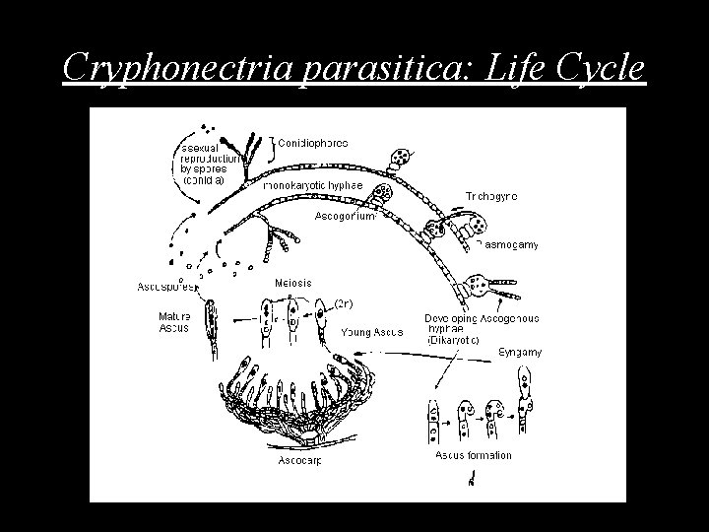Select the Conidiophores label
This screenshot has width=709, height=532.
313,143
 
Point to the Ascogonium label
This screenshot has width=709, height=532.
345,216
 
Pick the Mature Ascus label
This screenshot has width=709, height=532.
175,322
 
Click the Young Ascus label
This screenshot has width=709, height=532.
371,332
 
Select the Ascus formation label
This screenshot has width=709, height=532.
473,454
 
